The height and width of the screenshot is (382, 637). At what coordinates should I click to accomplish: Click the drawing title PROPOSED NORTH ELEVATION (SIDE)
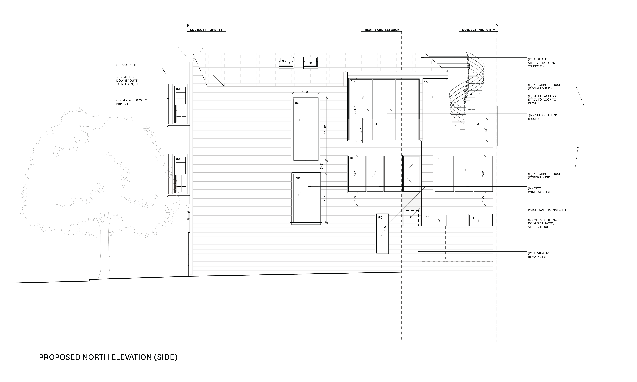(x=108, y=357)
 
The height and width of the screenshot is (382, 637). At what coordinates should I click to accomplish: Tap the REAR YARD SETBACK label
(x=382, y=30)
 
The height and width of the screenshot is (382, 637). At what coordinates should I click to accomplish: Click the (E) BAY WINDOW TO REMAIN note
(x=132, y=102)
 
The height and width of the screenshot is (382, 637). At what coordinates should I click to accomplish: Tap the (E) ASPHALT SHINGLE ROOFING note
(x=542, y=63)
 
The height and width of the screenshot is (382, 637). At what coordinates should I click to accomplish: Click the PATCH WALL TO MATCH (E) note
(x=548, y=210)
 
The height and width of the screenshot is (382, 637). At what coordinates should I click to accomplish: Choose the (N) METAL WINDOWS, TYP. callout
(x=540, y=190)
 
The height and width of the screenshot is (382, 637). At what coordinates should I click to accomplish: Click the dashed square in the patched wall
(x=412, y=218)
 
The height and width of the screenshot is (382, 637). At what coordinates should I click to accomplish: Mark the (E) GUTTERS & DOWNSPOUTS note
(x=129, y=81)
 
